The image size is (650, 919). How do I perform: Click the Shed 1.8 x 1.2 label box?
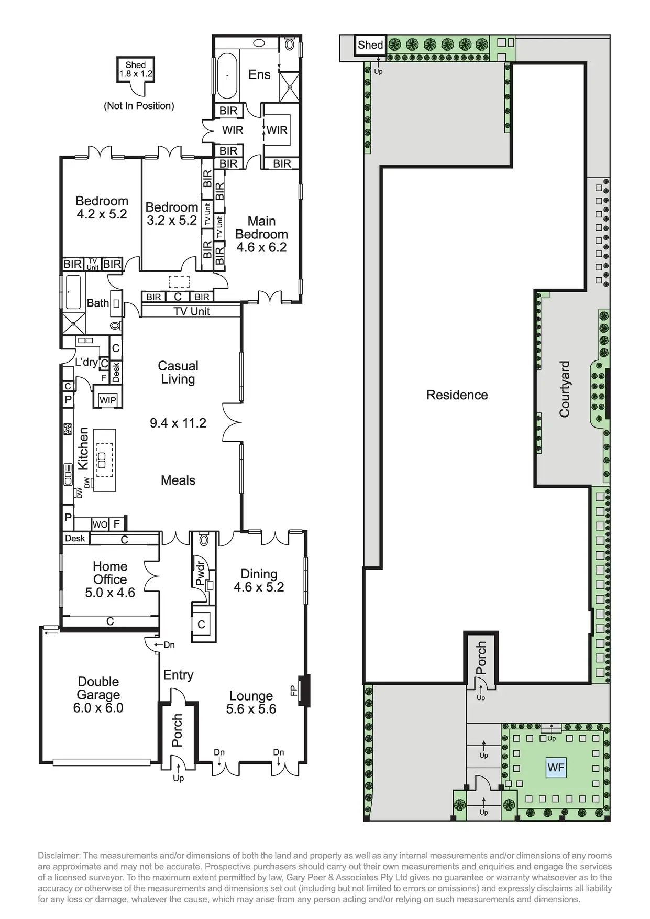pyautogui.click(x=136, y=70)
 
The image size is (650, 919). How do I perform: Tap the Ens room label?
pyautogui.click(x=259, y=74)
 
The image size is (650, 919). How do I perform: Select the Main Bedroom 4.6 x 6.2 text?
pyautogui.click(x=261, y=234)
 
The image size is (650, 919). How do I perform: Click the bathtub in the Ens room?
pyautogui.click(x=227, y=75)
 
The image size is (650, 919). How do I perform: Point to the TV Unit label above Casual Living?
pyautogui.click(x=192, y=311)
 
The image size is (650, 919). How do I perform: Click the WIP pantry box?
pyautogui.click(x=108, y=400)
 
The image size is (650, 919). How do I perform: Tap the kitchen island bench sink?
pyautogui.click(x=102, y=460)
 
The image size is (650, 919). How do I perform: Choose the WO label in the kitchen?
pyautogui.click(x=100, y=524)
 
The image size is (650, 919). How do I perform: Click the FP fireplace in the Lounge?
pyautogui.click(x=303, y=691)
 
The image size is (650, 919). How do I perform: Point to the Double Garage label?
pyautogui.click(x=98, y=695)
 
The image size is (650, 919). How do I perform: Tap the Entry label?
pyautogui.click(x=178, y=675)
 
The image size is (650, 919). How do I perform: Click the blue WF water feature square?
pyautogui.click(x=556, y=768)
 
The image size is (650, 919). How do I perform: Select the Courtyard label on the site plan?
pyautogui.click(x=564, y=389)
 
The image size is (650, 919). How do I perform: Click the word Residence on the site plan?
pyautogui.click(x=457, y=395)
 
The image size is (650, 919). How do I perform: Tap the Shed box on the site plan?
pyautogui.click(x=370, y=45)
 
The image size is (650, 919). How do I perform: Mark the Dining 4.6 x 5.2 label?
pyautogui.click(x=259, y=581)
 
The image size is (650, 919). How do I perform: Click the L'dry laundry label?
pyautogui.click(x=86, y=362)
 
